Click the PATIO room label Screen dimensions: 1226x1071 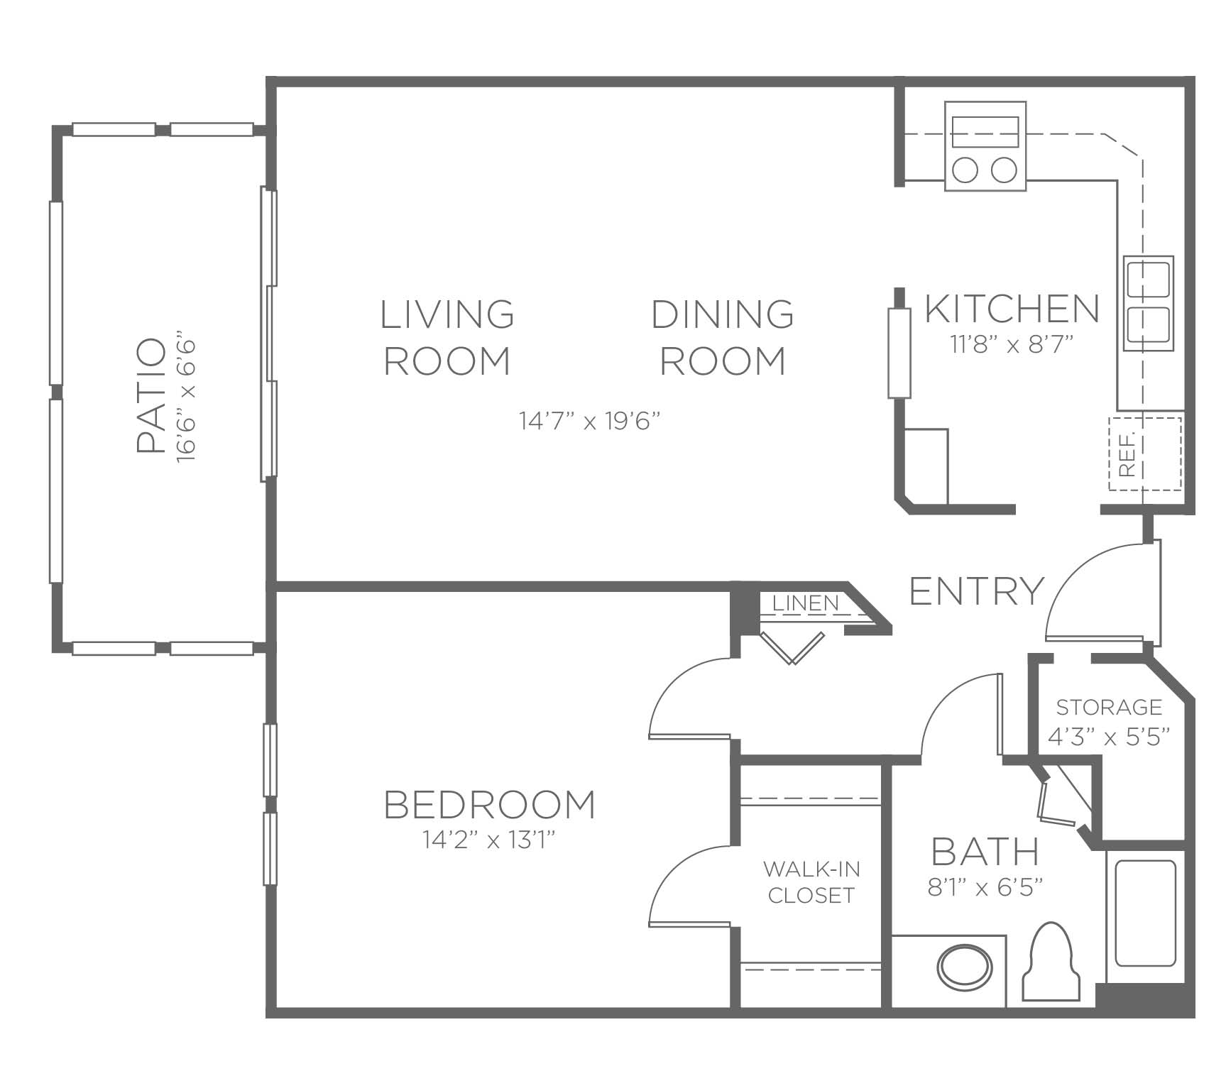coord(150,396)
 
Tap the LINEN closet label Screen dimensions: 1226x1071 coord(805,603)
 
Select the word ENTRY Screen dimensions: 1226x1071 coord(977,591)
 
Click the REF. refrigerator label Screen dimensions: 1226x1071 coord(1127,454)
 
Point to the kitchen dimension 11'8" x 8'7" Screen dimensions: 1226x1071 coord(1011,345)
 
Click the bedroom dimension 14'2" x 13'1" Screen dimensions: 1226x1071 coord(488,840)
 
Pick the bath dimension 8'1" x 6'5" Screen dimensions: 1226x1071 coord(985,887)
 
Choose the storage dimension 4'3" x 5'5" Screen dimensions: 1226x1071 coord(1108,737)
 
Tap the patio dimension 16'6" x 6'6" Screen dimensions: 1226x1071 coord(186,401)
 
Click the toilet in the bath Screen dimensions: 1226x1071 coord(1051,962)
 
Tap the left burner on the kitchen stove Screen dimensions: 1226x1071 coord(966,170)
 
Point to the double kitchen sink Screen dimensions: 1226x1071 coord(1148,303)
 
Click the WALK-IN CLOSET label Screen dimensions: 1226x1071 coord(811,882)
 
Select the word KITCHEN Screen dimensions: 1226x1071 coord(1012,309)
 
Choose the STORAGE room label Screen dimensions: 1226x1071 coord(1109,708)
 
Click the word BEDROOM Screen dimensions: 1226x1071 coord(489,805)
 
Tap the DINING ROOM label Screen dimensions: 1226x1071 coord(723,338)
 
